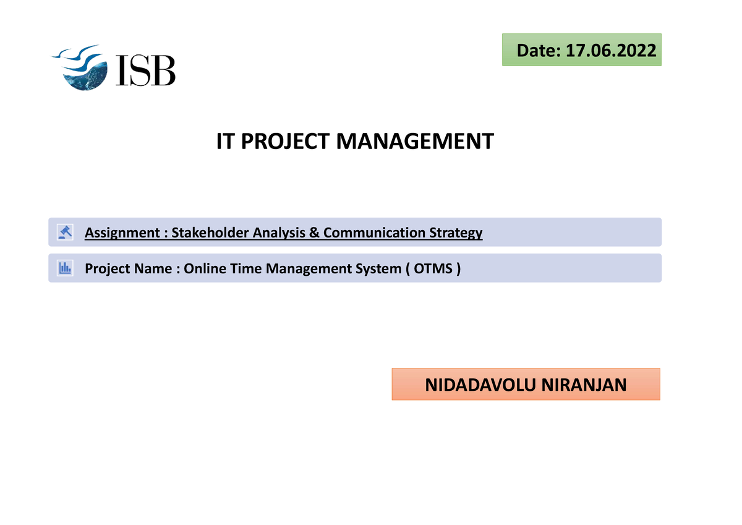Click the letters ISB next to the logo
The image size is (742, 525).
tap(146, 70)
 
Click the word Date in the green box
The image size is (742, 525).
tap(537, 51)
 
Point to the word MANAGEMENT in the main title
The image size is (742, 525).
tap(415, 142)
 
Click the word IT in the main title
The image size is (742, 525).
tap(225, 142)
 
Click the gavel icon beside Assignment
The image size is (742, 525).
tap(64, 232)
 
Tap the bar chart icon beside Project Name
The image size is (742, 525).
tap(64, 268)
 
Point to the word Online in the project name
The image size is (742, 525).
tap(205, 269)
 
